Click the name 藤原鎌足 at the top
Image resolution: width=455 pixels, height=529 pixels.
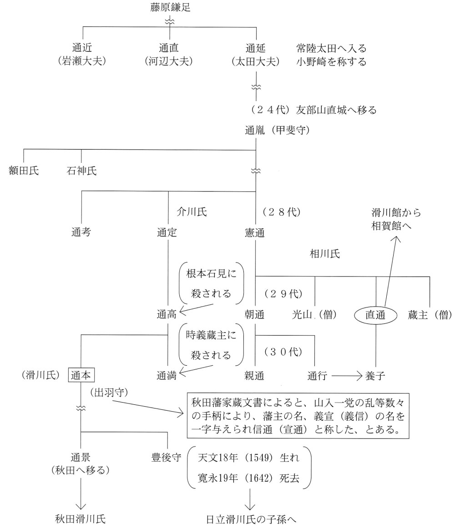coord(169,7)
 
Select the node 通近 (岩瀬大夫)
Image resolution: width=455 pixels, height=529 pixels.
coord(82,53)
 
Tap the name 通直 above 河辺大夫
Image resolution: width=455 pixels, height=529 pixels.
coord(169,47)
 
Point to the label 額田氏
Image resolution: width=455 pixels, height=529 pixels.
coord(24,171)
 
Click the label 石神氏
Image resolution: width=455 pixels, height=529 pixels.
coord(81,171)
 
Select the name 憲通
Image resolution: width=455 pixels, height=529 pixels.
coord(255,232)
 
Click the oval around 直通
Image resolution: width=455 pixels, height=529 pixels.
coord(376,313)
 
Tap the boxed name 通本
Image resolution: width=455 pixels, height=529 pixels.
coord(82,376)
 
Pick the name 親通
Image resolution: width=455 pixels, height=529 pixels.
coord(255,376)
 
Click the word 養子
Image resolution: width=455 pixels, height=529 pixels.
coord(376,376)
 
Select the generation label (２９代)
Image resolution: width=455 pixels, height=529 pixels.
coord(282,293)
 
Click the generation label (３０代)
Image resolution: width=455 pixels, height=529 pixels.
coord(282,353)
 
